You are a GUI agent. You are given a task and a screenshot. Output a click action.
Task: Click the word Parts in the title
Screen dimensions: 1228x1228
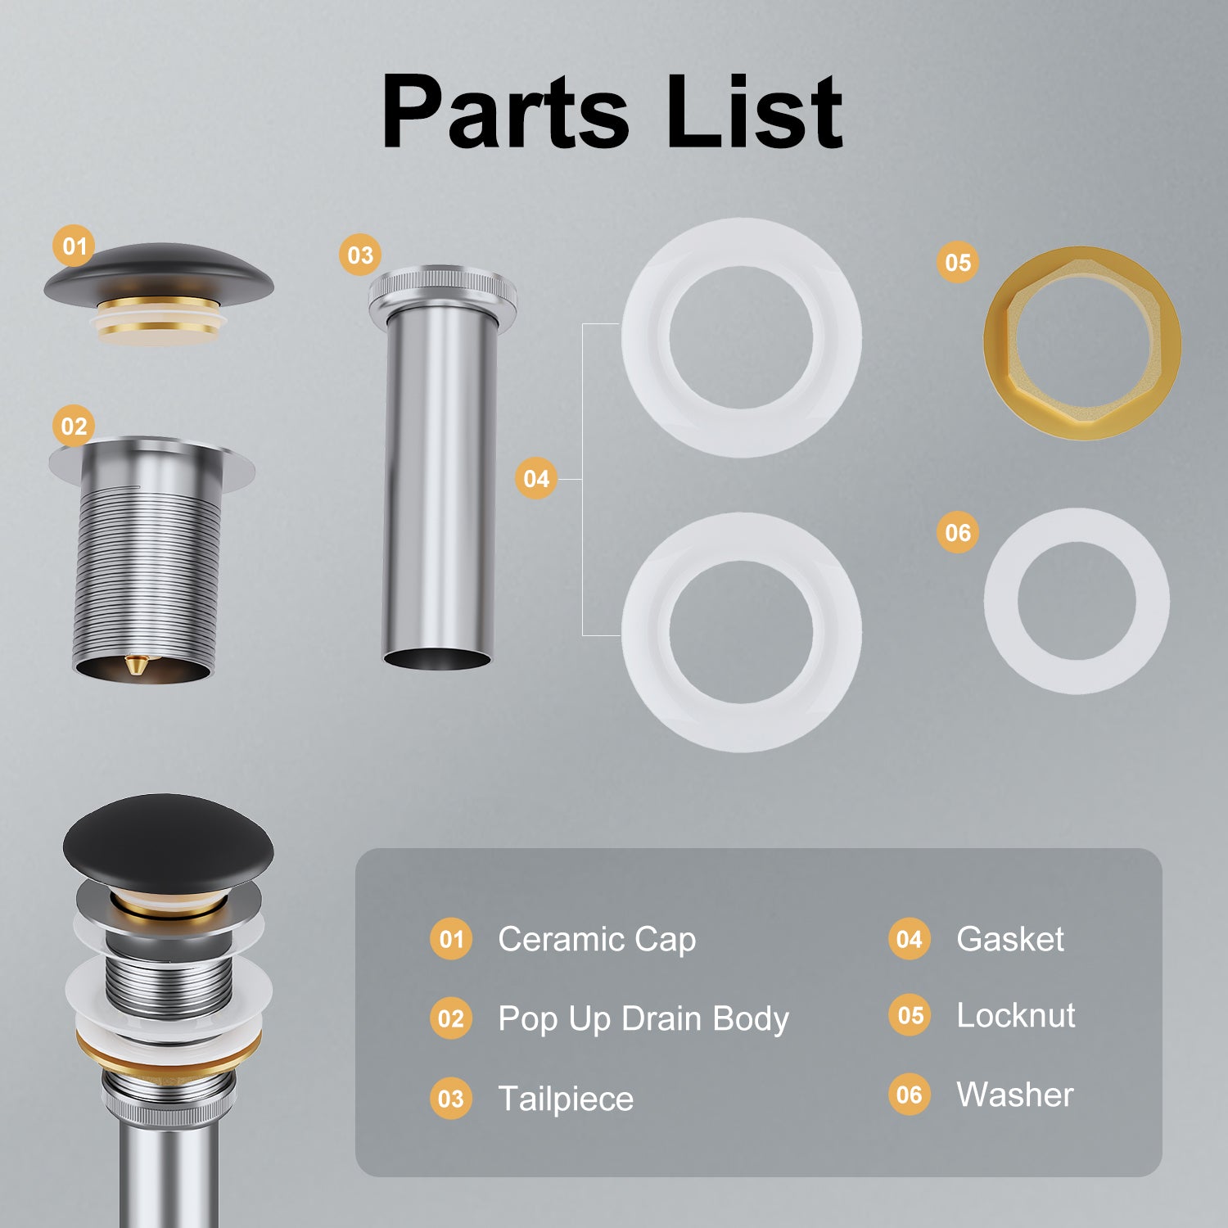(505, 111)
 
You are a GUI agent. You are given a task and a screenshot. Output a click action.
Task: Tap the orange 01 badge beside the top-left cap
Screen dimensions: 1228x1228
(74, 246)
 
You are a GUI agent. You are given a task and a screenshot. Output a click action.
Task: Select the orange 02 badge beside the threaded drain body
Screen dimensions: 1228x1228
(74, 427)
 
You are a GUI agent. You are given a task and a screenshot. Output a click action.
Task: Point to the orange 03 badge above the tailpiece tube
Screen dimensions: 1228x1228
(360, 255)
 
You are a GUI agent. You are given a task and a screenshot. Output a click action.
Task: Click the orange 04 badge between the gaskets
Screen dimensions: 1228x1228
(536, 478)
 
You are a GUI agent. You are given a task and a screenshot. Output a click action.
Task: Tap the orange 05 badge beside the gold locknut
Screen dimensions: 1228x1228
(958, 263)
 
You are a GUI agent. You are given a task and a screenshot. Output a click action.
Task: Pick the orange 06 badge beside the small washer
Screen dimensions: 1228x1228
(958, 533)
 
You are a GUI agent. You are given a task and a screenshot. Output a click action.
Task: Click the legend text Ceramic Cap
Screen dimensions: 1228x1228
(597, 939)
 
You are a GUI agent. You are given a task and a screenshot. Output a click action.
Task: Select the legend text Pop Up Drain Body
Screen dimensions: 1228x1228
(643, 1019)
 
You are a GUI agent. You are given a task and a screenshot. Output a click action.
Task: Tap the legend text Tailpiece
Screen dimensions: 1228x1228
(566, 1099)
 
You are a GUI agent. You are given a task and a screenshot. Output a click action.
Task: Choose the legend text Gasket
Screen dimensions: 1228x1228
(1010, 939)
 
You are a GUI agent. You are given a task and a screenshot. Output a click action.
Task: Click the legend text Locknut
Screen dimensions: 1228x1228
(1016, 1015)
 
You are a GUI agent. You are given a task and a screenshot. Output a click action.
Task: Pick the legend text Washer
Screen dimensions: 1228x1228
(1015, 1095)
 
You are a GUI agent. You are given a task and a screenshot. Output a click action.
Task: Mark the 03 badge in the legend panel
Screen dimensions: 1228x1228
(451, 1098)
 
